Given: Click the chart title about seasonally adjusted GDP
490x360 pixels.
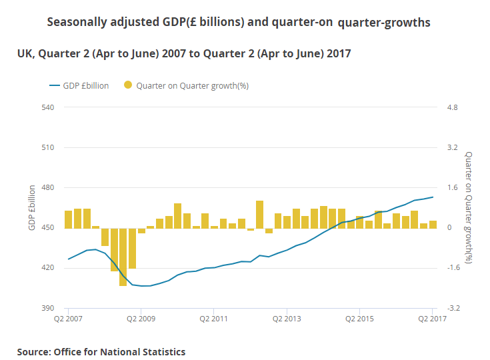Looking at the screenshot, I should coord(239,23).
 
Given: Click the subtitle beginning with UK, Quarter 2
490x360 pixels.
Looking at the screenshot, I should coord(184,53).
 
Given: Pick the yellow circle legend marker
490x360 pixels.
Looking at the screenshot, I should coord(127,85).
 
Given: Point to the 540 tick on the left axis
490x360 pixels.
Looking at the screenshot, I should coord(47,107).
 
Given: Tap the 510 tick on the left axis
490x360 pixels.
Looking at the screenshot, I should coord(47,147).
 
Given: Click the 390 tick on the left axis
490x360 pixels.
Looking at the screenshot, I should coord(47,308).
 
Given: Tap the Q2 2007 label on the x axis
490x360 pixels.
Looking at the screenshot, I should coord(67,319).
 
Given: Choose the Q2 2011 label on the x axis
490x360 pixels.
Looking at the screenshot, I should coord(213,319).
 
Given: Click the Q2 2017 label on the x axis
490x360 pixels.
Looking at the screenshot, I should coord(432,319).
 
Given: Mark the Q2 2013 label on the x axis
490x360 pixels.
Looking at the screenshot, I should coord(287,319).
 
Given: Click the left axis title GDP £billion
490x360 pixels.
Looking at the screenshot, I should coord(31,207).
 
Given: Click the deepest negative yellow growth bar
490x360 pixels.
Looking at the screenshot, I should coord(123,257).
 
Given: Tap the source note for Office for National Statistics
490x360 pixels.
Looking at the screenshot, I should coord(101,351).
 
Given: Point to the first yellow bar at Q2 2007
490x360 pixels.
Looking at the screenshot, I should coord(68,219).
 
